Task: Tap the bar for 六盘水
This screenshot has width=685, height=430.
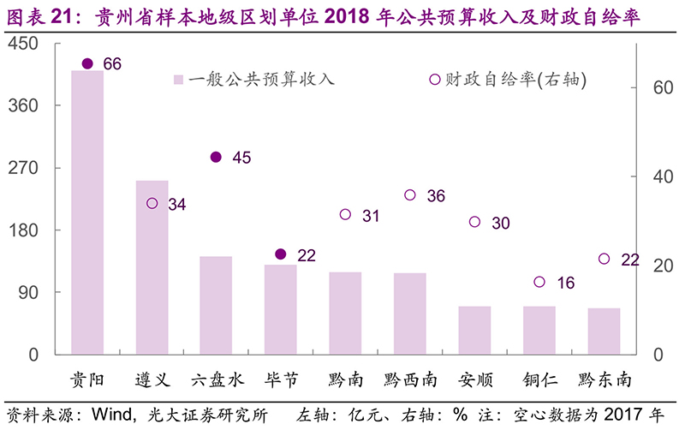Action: point(216,305)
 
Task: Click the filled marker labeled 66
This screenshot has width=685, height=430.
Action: point(87,64)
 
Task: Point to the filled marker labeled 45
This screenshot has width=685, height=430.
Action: point(216,158)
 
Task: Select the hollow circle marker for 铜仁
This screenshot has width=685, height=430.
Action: point(539,282)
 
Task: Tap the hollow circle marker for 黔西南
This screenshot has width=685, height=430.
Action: point(410,195)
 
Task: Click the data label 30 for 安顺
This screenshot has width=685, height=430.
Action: point(501,224)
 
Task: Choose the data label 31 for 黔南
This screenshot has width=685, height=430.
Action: point(371,216)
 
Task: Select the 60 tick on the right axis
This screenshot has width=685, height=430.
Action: point(652,88)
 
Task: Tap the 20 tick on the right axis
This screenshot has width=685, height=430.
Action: point(652,266)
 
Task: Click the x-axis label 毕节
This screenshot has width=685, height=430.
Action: point(281,378)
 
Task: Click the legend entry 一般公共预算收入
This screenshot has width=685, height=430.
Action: point(252,80)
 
